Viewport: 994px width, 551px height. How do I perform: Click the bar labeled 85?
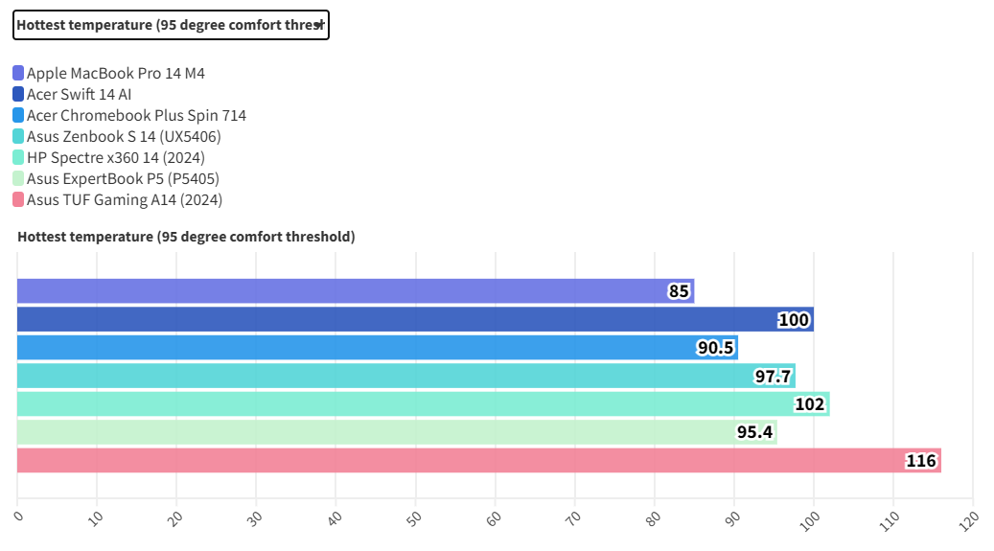pyautogui.click(x=355, y=291)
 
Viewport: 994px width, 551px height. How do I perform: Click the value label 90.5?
pyautogui.click(x=715, y=348)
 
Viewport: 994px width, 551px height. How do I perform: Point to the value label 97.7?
pyautogui.click(x=773, y=376)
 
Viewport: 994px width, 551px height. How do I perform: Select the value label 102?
pyautogui.click(x=809, y=404)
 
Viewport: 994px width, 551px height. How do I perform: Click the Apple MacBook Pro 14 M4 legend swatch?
pyautogui.click(x=19, y=73)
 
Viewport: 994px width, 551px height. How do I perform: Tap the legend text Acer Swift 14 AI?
pyautogui.click(x=79, y=94)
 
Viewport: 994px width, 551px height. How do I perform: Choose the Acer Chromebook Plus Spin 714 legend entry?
pyautogui.click(x=136, y=115)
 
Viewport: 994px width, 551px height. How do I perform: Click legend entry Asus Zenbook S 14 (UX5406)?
pyautogui.click(x=124, y=136)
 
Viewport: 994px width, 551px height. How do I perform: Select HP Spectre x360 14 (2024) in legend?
pyautogui.click(x=115, y=157)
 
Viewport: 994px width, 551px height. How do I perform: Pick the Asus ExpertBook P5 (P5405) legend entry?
pyautogui.click(x=119, y=178)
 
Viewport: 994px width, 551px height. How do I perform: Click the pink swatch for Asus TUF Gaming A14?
pyautogui.click(x=19, y=199)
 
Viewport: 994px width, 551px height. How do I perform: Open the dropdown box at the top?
pyautogui.click(x=171, y=25)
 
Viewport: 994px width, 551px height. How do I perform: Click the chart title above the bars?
pyautogui.click(x=186, y=237)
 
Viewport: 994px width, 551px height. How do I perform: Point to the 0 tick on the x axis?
pyautogui.click(x=19, y=517)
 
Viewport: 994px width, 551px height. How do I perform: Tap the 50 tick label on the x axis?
pyautogui.click(x=414, y=517)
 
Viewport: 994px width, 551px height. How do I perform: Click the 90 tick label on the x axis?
pyautogui.click(x=733, y=517)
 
